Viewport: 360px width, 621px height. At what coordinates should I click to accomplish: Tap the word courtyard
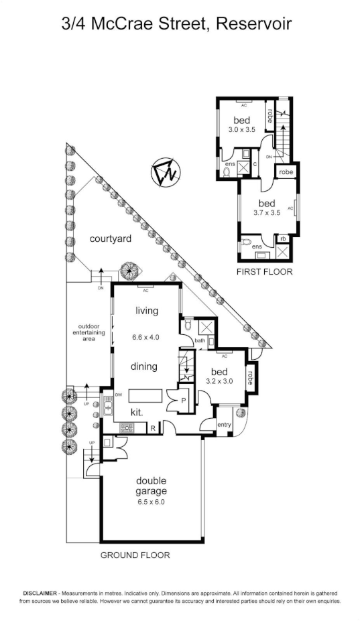click(x=110, y=238)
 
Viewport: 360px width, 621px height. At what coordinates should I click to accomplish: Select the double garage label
click(x=152, y=486)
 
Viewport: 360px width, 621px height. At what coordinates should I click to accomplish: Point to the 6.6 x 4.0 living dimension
click(x=147, y=337)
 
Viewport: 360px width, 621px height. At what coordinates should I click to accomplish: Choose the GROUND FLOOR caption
click(x=135, y=555)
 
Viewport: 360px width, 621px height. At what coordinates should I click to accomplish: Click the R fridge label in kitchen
click(x=153, y=428)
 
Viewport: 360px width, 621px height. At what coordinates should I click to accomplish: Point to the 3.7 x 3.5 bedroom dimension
click(x=267, y=212)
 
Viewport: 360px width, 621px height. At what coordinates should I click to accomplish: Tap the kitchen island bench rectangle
click(x=146, y=393)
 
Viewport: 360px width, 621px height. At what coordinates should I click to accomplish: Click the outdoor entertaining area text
click(x=88, y=333)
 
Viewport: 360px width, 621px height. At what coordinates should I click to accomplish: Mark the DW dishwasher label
click(x=118, y=395)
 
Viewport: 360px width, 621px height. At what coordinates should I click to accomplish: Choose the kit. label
click(x=137, y=411)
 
